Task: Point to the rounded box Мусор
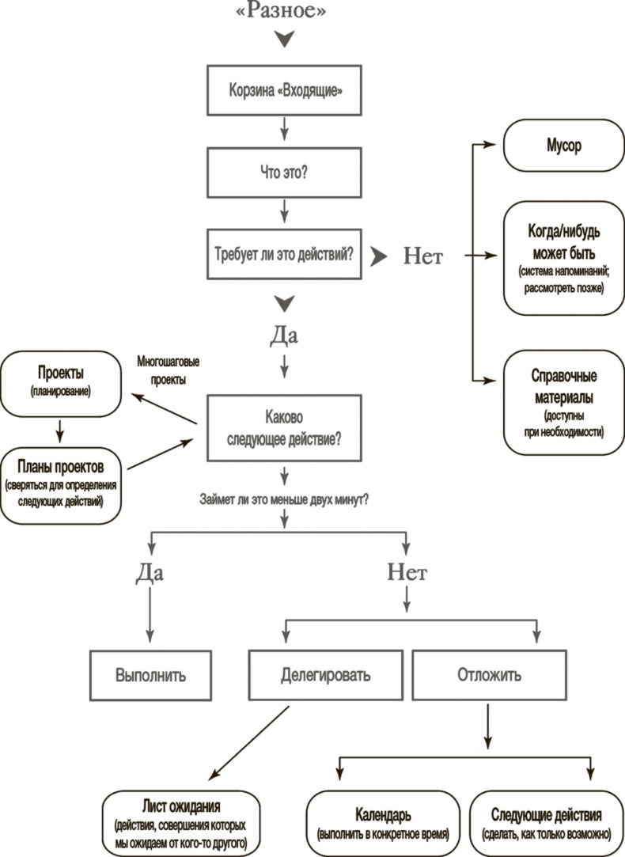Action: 563,145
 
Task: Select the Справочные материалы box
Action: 563,402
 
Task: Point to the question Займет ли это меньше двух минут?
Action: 285,500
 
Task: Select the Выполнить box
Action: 150,677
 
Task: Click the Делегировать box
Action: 325,677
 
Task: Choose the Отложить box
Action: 489,677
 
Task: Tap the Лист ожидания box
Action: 181,824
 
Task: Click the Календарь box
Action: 383,824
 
